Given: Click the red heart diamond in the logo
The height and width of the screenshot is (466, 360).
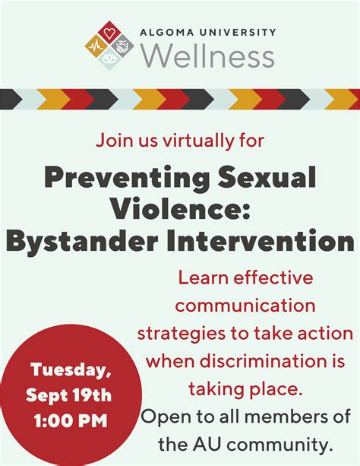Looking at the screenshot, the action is tap(109, 32).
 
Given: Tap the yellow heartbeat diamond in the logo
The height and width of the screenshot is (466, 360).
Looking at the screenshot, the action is tap(96, 46).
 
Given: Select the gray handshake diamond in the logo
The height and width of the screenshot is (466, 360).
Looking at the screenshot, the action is tap(122, 46).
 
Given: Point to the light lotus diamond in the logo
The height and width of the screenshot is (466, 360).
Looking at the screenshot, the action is tap(109, 59).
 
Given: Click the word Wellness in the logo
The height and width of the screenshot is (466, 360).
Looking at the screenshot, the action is tap(207, 55).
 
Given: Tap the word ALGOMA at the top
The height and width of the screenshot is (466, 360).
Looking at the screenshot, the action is tap(166, 32).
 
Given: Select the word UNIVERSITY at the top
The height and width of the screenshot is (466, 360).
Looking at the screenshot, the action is tap(238, 32).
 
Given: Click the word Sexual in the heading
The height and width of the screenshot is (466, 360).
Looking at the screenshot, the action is tap(267, 177).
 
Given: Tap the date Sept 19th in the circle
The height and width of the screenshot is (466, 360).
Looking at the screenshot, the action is tap(68, 395).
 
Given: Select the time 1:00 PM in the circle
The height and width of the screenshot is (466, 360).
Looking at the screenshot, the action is tap(71, 421).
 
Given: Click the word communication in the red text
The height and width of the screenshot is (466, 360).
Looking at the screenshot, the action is tap(245, 306).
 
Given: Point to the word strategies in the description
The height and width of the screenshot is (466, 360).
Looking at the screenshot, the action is tap(182, 334).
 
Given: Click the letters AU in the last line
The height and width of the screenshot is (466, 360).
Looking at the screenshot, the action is tap(207, 445).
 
